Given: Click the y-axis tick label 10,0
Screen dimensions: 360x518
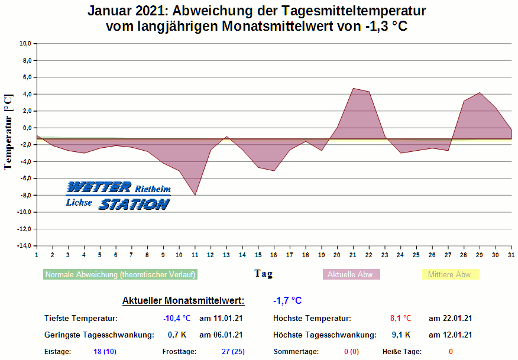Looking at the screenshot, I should pyautogui.click(x=25, y=44).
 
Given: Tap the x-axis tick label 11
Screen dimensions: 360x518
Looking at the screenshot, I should pyautogui.click(x=195, y=255).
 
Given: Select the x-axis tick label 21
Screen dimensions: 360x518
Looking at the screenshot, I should pyautogui.click(x=353, y=255).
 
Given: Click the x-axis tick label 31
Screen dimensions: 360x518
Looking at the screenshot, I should pyautogui.click(x=511, y=255).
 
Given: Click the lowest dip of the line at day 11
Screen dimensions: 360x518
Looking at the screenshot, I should pyautogui.click(x=195, y=195).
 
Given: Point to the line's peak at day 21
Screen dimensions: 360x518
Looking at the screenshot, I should pyautogui.click(x=353, y=89).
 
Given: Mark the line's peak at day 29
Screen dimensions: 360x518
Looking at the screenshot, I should pyautogui.click(x=480, y=93).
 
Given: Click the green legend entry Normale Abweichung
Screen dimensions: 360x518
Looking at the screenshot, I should pyautogui.click(x=120, y=275).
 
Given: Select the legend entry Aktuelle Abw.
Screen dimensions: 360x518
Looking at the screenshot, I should pyautogui.click(x=351, y=275).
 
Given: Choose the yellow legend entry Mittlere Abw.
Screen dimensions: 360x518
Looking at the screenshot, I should pyautogui.click(x=450, y=275).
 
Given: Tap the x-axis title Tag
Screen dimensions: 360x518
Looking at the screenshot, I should pyautogui.click(x=264, y=274).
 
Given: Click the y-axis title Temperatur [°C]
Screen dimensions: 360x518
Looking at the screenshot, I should pyautogui.click(x=8, y=131).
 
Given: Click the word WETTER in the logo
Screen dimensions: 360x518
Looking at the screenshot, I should pyautogui.click(x=99, y=187).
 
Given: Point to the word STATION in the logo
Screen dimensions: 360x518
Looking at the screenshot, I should pyautogui.click(x=134, y=204).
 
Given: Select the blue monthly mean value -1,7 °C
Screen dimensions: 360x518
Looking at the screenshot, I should pyautogui.click(x=287, y=301).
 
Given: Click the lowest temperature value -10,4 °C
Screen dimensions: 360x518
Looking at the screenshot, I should pyautogui.click(x=177, y=319).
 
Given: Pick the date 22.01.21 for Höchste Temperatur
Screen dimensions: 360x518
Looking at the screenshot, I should pyautogui.click(x=450, y=319).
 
